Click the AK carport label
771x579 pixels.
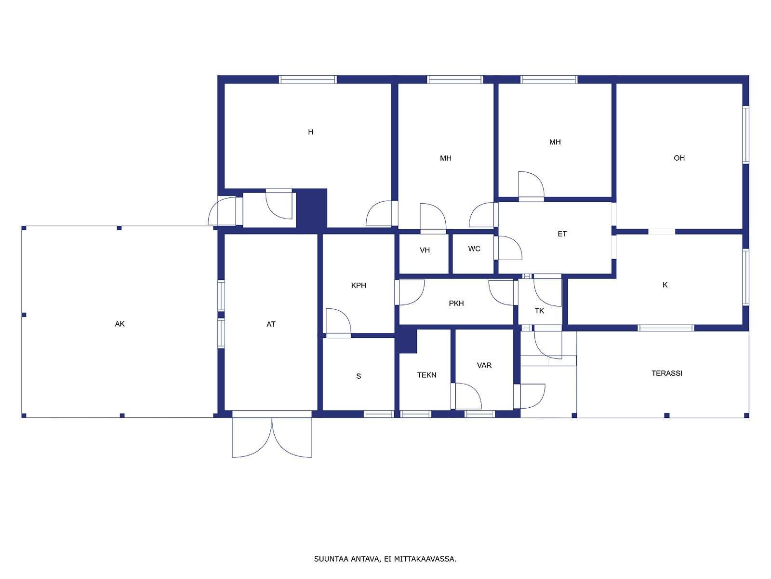coord(120,324)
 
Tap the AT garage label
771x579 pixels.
coord(270,324)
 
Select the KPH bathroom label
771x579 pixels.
coord(359,286)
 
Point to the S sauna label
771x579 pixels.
coord(359,376)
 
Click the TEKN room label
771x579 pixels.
coord(426,375)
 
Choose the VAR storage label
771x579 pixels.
coord(484,366)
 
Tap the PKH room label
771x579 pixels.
coord(456,303)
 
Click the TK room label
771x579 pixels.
coord(539,311)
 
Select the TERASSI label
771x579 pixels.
coord(667,373)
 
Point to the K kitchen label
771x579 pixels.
coord(665,285)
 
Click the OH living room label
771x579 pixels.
coord(679,158)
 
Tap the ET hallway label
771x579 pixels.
coord(562,234)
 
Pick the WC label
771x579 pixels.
coord(474,249)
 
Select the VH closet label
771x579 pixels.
coord(425,250)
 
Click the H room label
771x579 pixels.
coord(310,132)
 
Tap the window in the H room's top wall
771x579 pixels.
coord(308,80)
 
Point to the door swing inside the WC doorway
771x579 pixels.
coord(508,248)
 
